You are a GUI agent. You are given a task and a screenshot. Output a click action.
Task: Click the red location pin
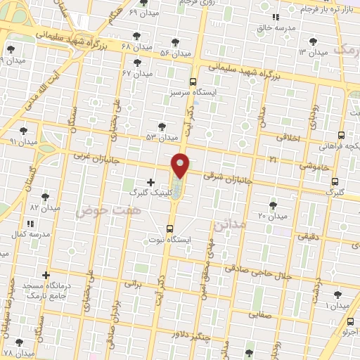[x=181, y=165]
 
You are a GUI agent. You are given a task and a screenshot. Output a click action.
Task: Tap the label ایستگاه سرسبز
[x=193, y=92]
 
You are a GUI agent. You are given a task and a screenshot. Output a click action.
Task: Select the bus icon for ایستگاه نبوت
[x=169, y=229]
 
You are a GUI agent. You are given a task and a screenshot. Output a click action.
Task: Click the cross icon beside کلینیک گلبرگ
[x=150, y=182]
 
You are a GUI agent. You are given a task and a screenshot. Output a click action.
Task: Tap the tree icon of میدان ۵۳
[x=162, y=127]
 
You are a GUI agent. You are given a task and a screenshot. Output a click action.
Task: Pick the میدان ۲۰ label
[x=272, y=216]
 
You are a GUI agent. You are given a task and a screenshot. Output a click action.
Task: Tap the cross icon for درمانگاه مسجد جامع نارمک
[x=46, y=275]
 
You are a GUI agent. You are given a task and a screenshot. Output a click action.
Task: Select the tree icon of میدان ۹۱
[x=23, y=131]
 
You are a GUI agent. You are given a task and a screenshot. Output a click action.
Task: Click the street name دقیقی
[x=307, y=237]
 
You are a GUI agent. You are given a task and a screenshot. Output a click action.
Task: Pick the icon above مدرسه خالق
[x=276, y=17]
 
